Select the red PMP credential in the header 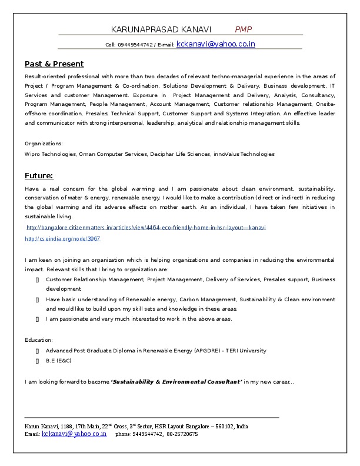tap(244, 29)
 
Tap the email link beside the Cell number tap(215, 44)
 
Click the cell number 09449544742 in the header tap(135, 45)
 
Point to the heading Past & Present tap(54, 64)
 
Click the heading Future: tap(39, 175)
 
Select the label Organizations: tap(44, 143)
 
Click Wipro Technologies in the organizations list tap(50, 154)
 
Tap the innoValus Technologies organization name tap(244, 154)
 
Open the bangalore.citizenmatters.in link tap(146, 227)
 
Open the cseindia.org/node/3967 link tap(62, 239)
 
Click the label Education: tap(39, 339)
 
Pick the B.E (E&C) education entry tap(59, 361)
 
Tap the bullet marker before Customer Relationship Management tap(37, 279)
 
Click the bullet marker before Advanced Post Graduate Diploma tap(37, 351)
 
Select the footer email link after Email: tap(74, 434)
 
